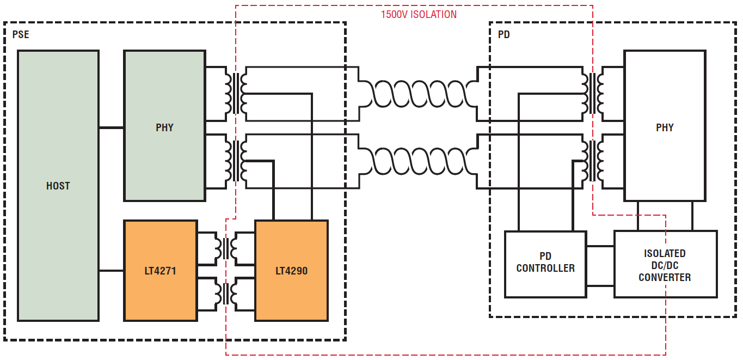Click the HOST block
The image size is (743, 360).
[x=58, y=186]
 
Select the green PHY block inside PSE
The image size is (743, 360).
[x=164, y=126]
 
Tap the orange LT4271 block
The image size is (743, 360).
[x=161, y=271]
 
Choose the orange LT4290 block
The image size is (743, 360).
[x=292, y=271]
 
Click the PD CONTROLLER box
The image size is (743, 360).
[x=545, y=265]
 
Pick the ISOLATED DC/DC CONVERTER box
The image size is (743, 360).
[x=666, y=265]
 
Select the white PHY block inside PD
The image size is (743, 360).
[x=665, y=126]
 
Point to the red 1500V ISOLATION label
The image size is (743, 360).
[x=419, y=15]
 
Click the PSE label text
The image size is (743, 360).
[x=21, y=34]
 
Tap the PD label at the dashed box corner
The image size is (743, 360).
[x=504, y=34]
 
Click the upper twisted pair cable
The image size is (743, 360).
[x=418, y=94]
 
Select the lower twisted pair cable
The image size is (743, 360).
[x=418, y=161]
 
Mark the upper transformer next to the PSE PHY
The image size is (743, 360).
[x=236, y=94]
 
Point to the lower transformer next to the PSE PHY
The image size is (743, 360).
[x=236, y=161]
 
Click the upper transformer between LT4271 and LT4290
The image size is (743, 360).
[x=226, y=248]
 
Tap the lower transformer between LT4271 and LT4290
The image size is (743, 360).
[x=226, y=294]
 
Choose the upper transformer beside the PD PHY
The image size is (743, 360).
[x=592, y=94]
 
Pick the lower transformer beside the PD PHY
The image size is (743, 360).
[x=592, y=161]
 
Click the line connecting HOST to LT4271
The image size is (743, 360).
[x=111, y=271]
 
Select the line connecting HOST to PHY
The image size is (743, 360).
[x=111, y=127]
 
